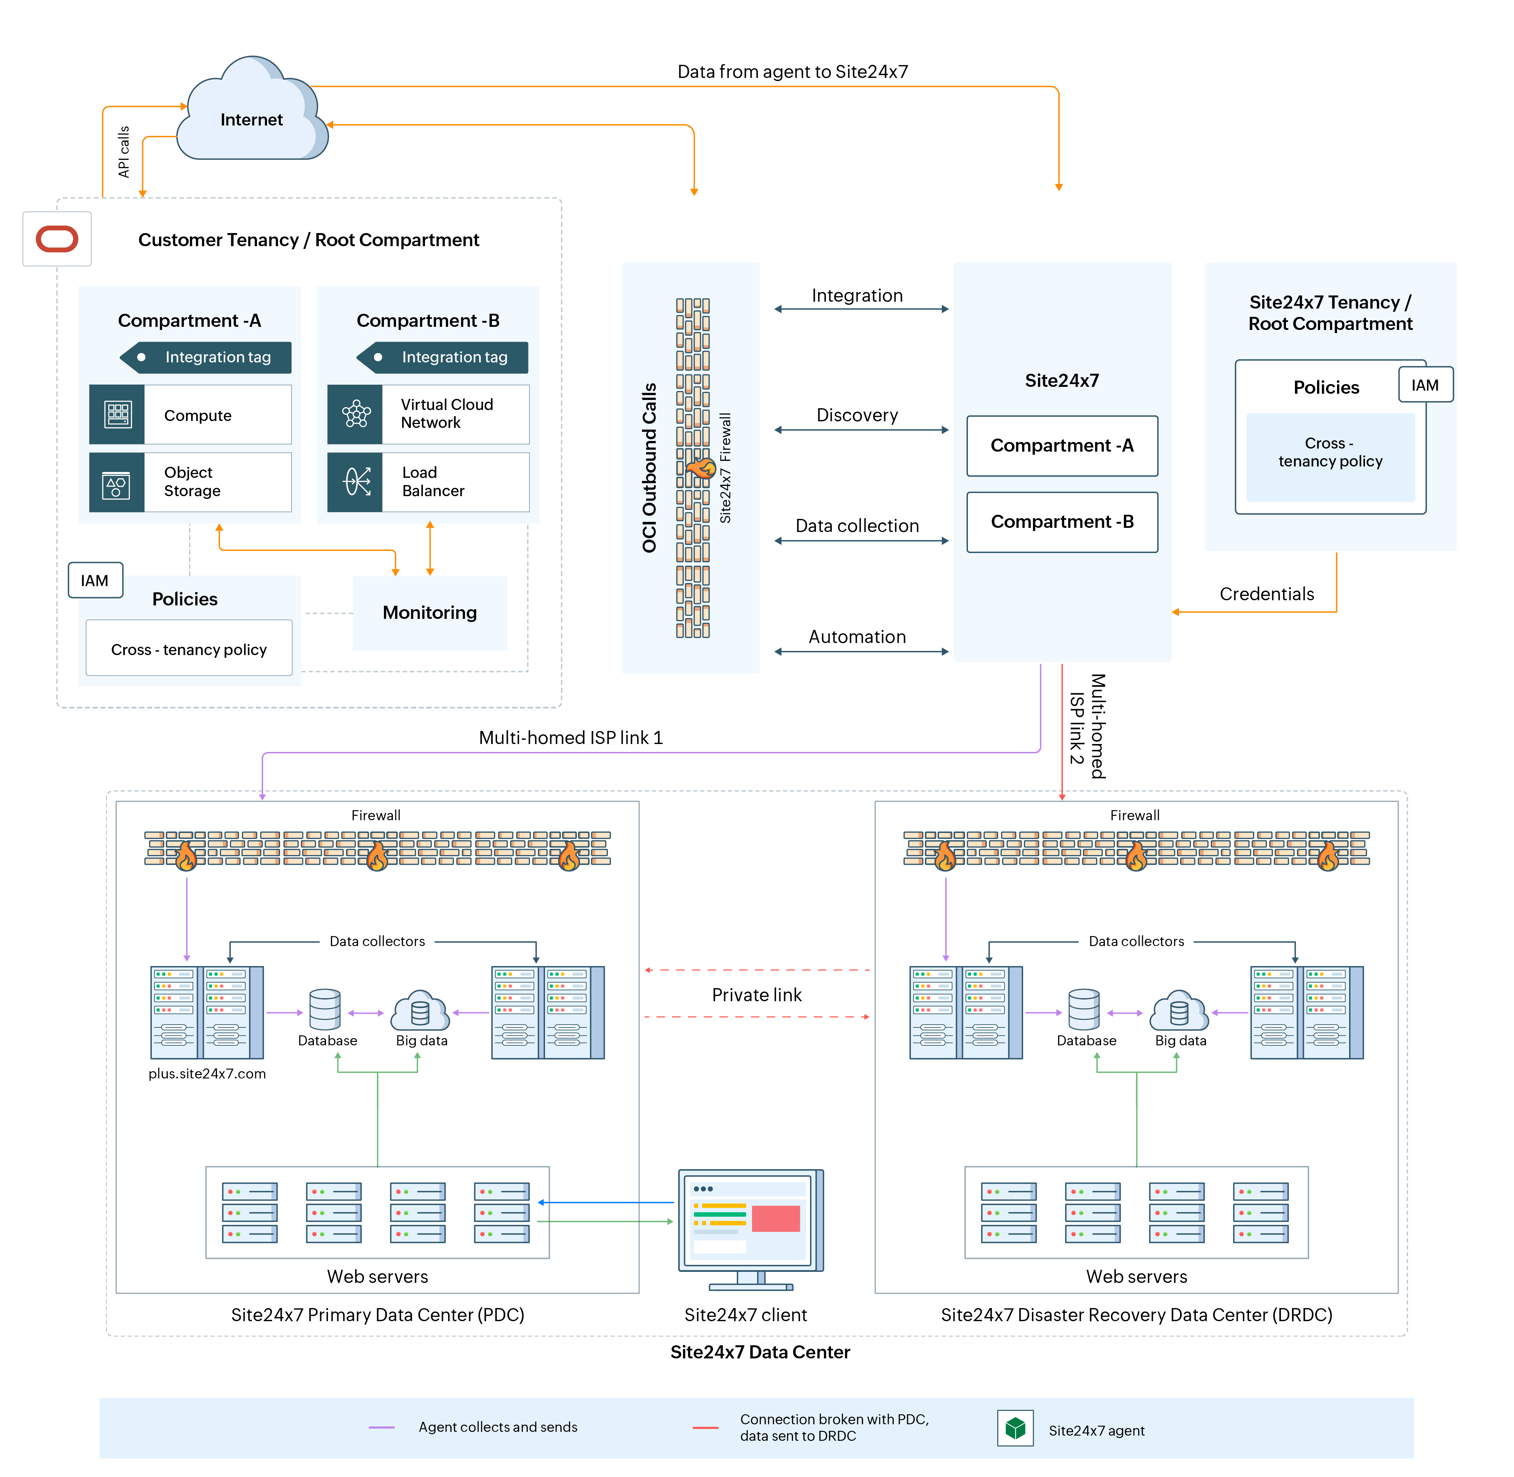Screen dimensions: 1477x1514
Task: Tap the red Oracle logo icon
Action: [x=57, y=239]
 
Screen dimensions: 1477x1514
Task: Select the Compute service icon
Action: [x=117, y=415]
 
